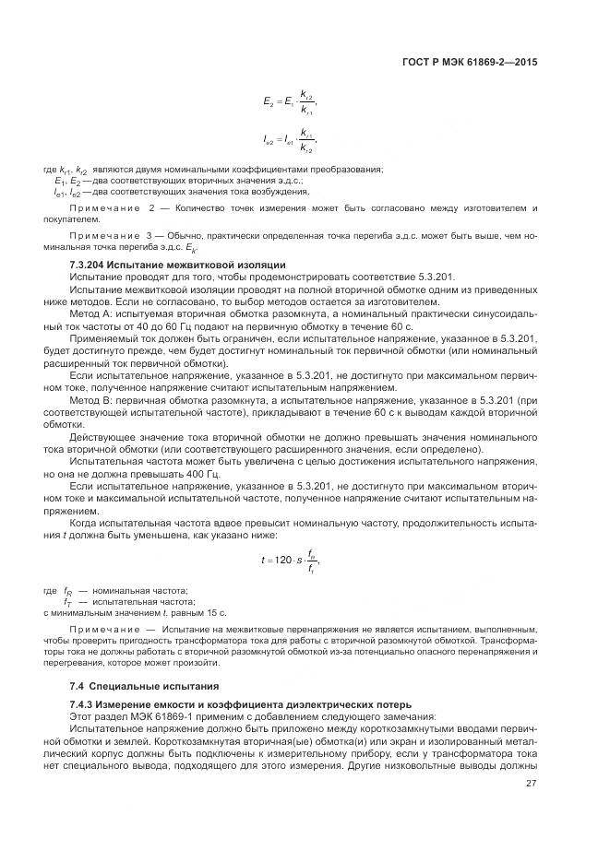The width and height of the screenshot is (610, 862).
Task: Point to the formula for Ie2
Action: click(289, 141)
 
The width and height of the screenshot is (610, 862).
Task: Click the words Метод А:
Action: click(91, 313)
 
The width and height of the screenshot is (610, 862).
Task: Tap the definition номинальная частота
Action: click(139, 590)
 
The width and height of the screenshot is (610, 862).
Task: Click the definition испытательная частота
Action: click(143, 601)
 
